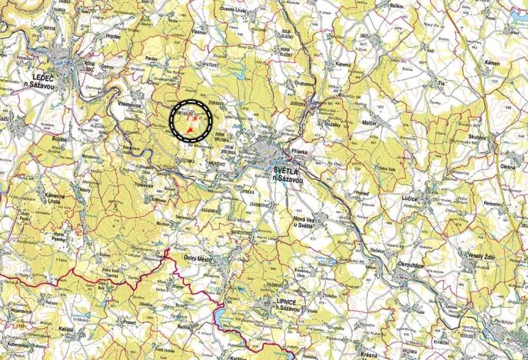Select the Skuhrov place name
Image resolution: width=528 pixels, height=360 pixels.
[478, 135]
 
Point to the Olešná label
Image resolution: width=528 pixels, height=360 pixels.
[508, 166]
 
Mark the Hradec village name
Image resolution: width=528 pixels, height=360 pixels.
[115, 36]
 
